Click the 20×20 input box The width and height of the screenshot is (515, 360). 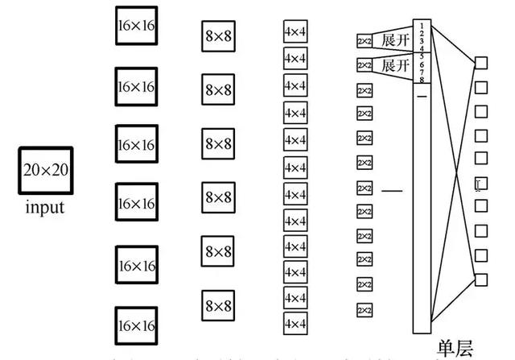tap(46, 170)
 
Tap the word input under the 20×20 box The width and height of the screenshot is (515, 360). tap(45, 208)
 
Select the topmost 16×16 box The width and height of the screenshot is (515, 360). tap(136, 27)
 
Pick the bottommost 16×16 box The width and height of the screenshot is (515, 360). tap(136, 325)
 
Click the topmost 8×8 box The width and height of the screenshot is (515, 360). tap(218, 36)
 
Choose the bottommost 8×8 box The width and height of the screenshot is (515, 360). tap(218, 305)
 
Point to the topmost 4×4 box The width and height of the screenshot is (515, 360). tap(295, 33)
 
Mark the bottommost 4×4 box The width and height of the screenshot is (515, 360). tap(295, 324)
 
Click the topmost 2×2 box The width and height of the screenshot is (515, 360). tap(365, 40)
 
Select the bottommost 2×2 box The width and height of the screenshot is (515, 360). tap(365, 310)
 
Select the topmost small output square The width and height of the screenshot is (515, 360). tap(481, 62)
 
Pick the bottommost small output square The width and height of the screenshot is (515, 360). tap(481, 279)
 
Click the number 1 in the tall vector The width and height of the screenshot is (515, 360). tap(422, 26)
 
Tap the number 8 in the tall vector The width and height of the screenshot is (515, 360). tap(422, 80)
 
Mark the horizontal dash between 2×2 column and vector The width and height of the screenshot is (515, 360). tap(392, 191)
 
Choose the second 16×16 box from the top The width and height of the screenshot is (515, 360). tap(136, 85)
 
